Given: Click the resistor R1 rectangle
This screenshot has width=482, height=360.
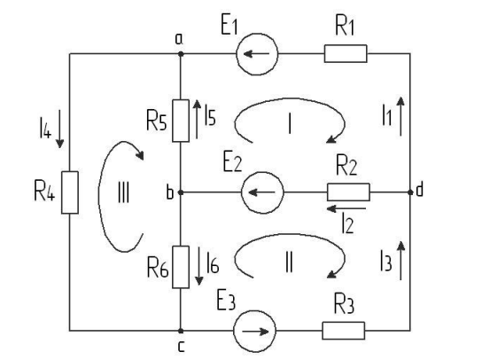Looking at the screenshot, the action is (346, 54).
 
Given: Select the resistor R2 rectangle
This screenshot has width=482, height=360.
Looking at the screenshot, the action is (348, 192).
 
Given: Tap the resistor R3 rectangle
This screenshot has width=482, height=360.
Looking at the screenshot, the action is (344, 331).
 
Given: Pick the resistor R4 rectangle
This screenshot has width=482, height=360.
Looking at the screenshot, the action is (70, 192).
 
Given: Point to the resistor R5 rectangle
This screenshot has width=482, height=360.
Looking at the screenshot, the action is (181, 121).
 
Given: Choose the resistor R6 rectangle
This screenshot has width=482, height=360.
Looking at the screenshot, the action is (181, 267).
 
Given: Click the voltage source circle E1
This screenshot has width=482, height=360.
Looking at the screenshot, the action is (257, 54).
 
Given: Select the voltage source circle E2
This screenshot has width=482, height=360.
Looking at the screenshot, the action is (262, 192).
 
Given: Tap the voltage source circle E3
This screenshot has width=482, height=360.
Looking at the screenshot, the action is (254, 331).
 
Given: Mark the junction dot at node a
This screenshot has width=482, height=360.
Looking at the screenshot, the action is (181, 54).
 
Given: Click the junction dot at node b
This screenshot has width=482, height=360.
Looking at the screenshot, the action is (181, 192).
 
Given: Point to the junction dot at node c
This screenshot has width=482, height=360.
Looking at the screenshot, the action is (181, 331).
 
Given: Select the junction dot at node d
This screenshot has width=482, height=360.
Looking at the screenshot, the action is (410, 192).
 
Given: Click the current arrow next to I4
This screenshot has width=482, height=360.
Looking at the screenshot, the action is (59, 129).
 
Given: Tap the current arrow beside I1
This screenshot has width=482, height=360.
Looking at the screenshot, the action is (400, 116).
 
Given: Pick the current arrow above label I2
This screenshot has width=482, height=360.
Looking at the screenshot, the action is (346, 209).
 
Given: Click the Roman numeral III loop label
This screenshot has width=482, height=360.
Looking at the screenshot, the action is (123, 193).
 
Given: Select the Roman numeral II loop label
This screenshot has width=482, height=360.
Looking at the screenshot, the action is (289, 262).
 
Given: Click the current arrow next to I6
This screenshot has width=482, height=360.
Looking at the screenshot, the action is (199, 266).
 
